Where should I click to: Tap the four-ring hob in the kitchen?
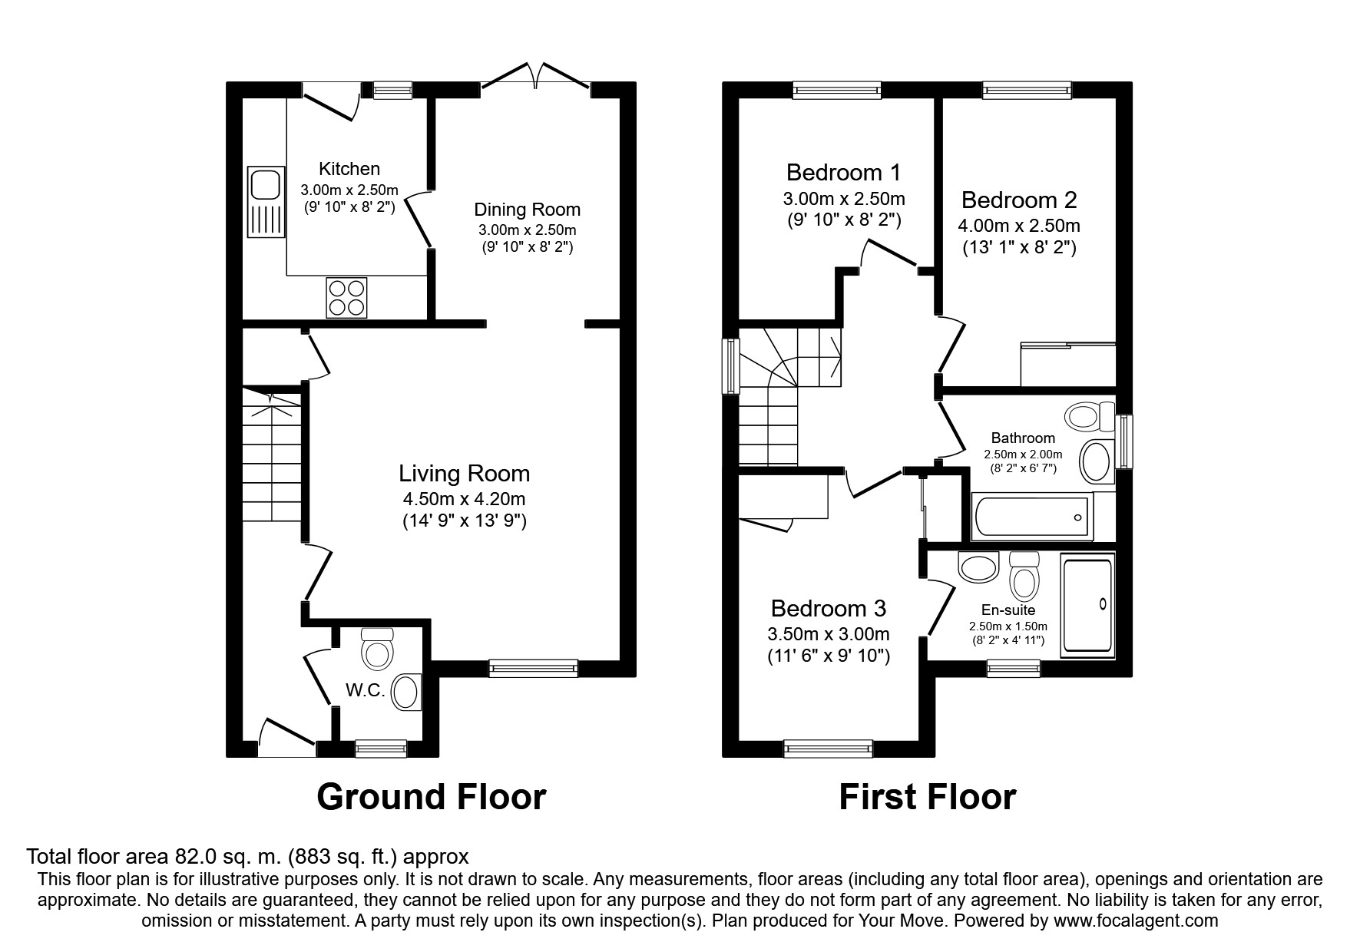coord(346,297)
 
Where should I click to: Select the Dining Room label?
coord(527,210)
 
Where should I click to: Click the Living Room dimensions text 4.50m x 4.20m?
coord(464,499)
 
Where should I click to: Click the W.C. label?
coord(365,690)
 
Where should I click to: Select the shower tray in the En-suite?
coord(1087,606)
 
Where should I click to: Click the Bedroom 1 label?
coord(843,171)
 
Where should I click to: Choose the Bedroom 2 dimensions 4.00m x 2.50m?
coord(1018,226)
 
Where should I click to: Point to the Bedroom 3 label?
coord(828,609)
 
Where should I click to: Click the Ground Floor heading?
coord(431,797)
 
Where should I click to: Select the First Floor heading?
coord(927,797)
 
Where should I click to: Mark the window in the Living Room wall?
coord(533,668)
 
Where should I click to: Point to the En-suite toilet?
coord(1024,577)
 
